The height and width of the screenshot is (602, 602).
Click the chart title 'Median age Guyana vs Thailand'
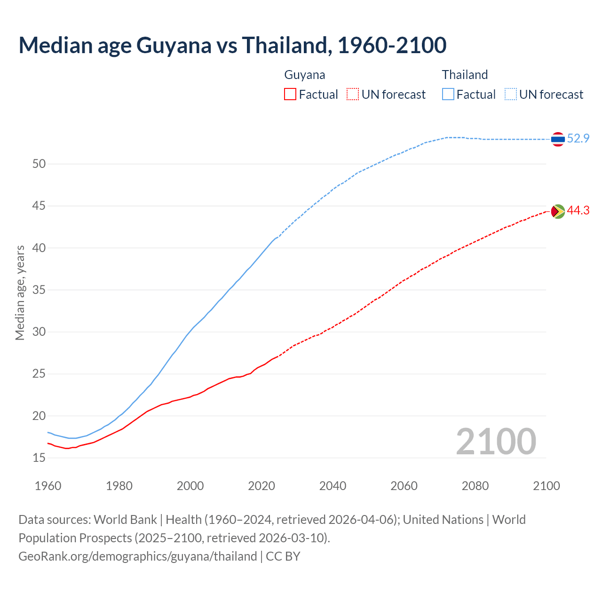pos(232,45)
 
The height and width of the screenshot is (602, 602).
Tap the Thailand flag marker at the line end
pos(558,139)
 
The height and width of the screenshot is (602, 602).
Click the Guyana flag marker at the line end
pos(558,212)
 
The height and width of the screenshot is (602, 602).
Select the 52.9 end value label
pos(578,138)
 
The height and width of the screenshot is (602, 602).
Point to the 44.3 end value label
pos(578,210)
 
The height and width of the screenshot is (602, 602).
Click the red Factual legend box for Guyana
pos(290,94)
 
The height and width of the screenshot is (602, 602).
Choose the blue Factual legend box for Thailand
pos(448,94)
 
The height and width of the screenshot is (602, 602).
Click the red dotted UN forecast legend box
pos(353,94)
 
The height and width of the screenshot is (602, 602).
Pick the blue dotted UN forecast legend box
pos(511,94)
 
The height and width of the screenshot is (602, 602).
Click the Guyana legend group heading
pos(305,75)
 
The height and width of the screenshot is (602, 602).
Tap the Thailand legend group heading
pos(465,75)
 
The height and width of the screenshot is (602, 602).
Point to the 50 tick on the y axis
pos(39,164)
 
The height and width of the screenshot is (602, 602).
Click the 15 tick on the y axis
pos(39,458)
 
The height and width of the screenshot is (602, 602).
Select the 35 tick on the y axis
pos(39,290)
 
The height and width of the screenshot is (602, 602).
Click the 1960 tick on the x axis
pos(48,486)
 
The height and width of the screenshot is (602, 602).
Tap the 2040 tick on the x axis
pos(333,486)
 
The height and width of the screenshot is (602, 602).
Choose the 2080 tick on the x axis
pos(475,486)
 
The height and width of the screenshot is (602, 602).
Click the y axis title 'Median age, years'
pos(20,293)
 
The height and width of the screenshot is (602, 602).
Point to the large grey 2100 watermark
pos(496,441)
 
